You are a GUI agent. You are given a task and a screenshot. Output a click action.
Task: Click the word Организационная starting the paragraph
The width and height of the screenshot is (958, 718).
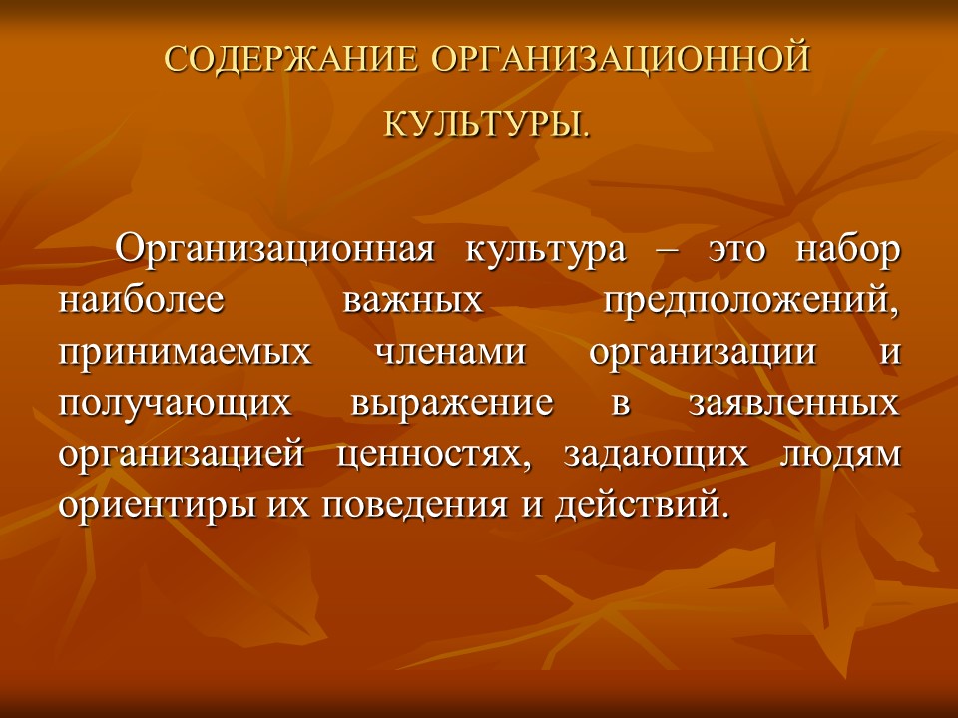click(x=275, y=248)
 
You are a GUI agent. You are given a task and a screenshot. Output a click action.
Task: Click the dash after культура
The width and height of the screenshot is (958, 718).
click(x=666, y=250)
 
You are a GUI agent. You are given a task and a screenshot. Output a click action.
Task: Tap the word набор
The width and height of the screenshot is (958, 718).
click(x=848, y=248)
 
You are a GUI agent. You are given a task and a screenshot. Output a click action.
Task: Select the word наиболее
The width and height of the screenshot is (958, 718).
click(x=141, y=300)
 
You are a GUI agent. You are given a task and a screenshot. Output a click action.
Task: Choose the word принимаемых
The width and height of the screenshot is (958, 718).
click(x=185, y=353)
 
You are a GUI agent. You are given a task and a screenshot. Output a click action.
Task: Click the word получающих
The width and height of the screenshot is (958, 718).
click(x=176, y=404)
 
